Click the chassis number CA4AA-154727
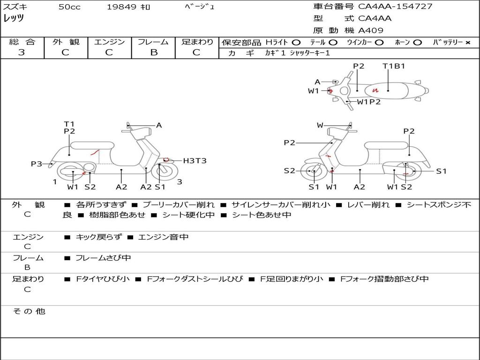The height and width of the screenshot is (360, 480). tap(395, 7)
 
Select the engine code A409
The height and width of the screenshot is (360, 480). tap(371, 30)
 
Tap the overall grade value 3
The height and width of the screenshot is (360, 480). tap(22, 52)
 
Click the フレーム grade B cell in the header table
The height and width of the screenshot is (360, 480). tap(153, 52)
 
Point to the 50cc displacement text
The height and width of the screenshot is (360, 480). tap(69, 7)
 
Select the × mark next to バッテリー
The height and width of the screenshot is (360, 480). tap(467, 42)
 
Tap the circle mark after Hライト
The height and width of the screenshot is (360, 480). tap(296, 42)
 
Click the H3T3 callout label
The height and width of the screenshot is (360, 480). tap(195, 161)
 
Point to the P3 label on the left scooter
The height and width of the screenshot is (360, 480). tap(37, 164)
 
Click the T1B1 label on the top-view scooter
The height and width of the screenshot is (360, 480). tap(394, 66)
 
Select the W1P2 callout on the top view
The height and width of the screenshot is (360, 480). tap(369, 102)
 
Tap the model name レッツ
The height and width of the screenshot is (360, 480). tap(14, 18)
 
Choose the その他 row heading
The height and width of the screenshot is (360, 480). tap(29, 311)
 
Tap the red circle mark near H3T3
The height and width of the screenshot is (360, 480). tap(166, 160)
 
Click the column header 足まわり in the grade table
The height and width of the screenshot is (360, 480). tap(197, 42)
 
